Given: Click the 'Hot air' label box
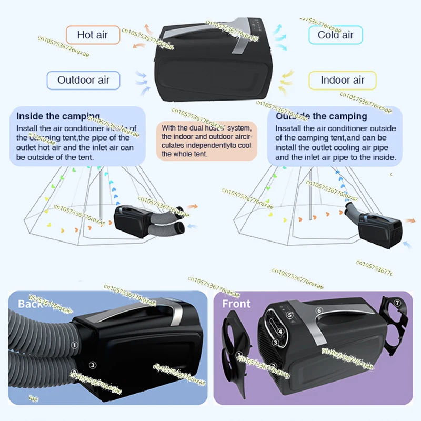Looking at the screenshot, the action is click(x=93, y=35).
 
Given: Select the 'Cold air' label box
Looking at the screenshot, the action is click(x=335, y=35).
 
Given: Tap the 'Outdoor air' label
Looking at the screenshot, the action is click(x=83, y=80).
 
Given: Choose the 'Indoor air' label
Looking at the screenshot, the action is click(x=343, y=80).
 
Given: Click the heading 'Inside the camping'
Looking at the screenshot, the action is click(x=58, y=116).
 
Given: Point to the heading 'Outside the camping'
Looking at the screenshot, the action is click(x=321, y=116).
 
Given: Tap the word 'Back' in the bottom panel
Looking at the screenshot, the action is click(x=29, y=304).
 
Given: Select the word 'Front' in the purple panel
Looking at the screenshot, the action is click(x=236, y=304).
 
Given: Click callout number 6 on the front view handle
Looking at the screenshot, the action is click(x=319, y=310).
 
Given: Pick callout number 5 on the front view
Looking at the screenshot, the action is click(x=289, y=316).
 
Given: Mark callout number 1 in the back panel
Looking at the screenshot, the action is click(x=74, y=345).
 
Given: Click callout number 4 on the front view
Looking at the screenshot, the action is click(x=281, y=332).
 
